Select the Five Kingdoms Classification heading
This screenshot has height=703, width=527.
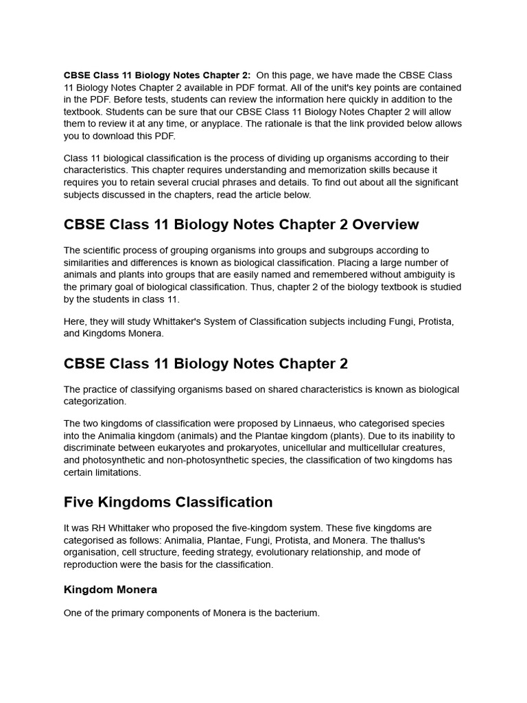(x=168, y=502)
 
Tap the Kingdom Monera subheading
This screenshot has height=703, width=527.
(x=110, y=589)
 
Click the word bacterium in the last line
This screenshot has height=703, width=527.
(x=294, y=612)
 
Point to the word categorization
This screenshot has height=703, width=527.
(x=95, y=402)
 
